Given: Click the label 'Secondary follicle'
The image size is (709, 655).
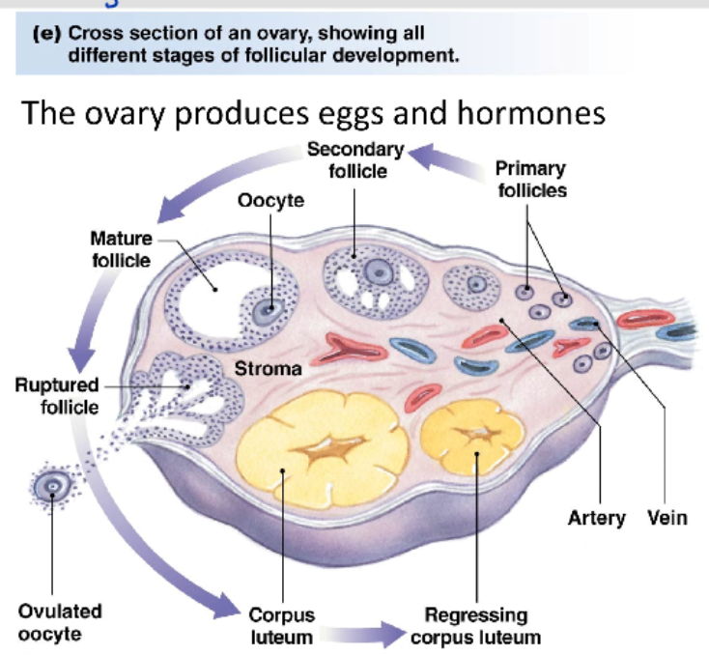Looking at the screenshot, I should click(x=354, y=160).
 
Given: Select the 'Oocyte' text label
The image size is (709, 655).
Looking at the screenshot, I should click(x=270, y=201).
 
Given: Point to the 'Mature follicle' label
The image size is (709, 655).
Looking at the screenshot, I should click(x=121, y=249).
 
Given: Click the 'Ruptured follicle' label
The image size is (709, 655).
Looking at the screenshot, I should click(x=56, y=396).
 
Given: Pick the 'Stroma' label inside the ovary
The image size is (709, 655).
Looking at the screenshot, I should click(x=268, y=368).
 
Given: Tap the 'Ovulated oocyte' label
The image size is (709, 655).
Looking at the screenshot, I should click(x=60, y=624).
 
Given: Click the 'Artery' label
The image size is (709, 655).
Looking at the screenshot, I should click(x=596, y=518).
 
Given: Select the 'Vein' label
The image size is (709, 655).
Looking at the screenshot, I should click(x=667, y=518).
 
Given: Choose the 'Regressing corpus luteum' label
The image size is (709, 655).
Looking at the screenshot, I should click(x=476, y=626).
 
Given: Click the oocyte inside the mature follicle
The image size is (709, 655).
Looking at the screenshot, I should click(x=268, y=309).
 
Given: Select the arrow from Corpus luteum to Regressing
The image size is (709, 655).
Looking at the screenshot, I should click(x=364, y=634).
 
